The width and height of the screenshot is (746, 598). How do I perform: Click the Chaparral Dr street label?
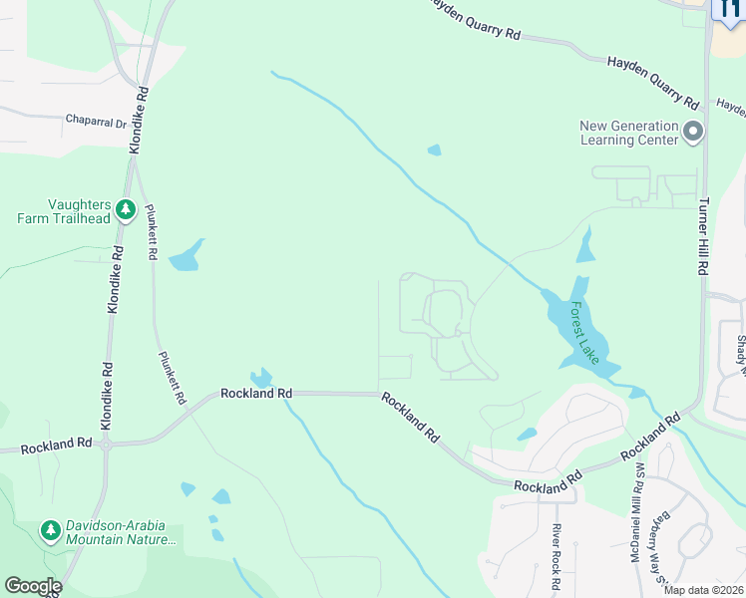[x=97, y=124]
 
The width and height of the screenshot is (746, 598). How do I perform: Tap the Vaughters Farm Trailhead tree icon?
[x=126, y=209]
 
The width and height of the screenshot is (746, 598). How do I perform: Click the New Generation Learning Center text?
[x=630, y=132]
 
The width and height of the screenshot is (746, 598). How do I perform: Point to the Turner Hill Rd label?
[x=704, y=235]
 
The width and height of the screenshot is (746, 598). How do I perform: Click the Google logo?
[x=32, y=586]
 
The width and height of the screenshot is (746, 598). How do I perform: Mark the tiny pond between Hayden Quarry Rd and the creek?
[x=434, y=150]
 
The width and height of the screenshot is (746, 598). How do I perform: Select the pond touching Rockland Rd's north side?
[x=260, y=378]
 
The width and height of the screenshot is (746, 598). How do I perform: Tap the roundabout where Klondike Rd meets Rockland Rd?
[x=106, y=445]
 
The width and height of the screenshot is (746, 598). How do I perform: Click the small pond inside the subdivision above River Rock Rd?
[x=527, y=435]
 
